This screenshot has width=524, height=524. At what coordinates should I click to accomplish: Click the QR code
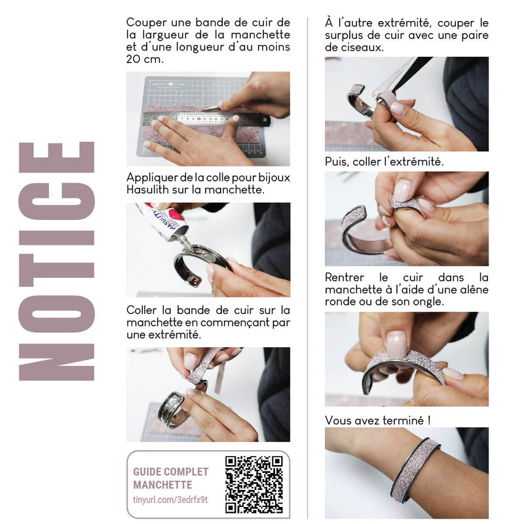pos(254,485)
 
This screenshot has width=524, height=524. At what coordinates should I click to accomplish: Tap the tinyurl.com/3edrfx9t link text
pos(170,500)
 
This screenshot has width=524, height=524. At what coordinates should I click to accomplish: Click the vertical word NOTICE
pos(57,261)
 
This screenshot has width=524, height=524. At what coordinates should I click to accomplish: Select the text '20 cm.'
pos(145,59)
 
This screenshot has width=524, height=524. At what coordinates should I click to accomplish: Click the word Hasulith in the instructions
pos(147,189)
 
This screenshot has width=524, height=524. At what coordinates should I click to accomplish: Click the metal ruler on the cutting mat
pos(206,119)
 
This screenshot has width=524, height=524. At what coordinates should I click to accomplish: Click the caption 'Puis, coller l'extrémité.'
pos(384,162)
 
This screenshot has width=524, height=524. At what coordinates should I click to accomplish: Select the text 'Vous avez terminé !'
pos(378,420)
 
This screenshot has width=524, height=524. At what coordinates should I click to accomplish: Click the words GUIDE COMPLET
pos(171,472)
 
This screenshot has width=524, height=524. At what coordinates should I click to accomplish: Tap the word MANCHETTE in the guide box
pos(162,485)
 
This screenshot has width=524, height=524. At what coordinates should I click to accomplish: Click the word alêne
pos(474,290)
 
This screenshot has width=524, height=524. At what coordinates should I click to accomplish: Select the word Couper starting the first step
pos(146,23)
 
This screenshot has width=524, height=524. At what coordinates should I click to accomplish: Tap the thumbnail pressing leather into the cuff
pos(397,345)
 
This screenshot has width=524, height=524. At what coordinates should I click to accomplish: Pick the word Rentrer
pos(345,277)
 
